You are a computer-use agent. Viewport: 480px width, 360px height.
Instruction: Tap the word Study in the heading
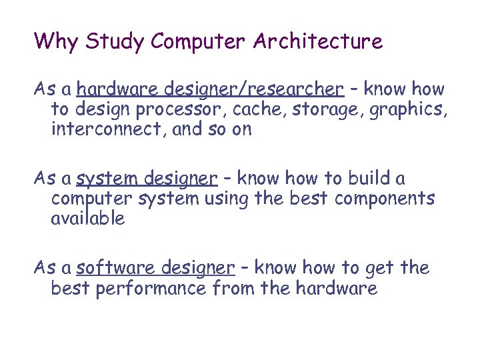click(x=114, y=41)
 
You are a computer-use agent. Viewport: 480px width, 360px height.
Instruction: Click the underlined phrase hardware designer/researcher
click(x=210, y=89)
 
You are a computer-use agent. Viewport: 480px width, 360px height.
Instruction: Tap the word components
click(x=385, y=199)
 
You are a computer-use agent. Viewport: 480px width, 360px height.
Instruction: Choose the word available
click(x=87, y=219)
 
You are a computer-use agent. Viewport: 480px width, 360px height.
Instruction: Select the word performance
click(x=150, y=289)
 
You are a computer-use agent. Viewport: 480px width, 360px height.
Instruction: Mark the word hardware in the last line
click(x=335, y=289)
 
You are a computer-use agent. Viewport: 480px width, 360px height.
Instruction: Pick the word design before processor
click(x=101, y=109)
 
